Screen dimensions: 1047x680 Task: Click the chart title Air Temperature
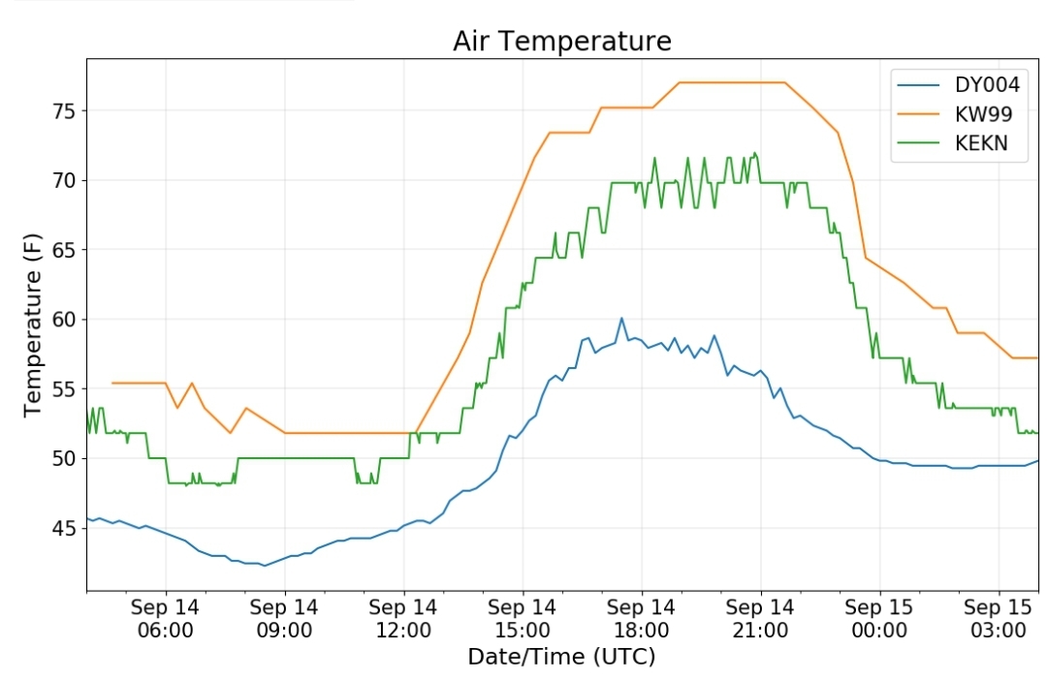point(562,42)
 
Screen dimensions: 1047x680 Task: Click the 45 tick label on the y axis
point(65,529)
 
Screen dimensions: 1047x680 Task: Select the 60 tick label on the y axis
point(65,320)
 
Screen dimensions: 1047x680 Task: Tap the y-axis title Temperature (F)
point(32,325)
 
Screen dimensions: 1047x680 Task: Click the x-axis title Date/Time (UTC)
point(561,657)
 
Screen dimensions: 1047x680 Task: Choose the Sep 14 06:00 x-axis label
point(165,619)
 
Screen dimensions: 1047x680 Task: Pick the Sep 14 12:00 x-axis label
point(402,619)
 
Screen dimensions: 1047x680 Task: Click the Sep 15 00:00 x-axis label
point(878,619)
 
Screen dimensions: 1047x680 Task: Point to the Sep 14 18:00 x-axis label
point(641,619)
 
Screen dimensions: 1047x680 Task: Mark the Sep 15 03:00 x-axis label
point(999,619)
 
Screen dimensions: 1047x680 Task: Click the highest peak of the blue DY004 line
point(621,319)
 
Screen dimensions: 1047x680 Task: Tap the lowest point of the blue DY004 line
point(265,566)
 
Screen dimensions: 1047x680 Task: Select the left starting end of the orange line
point(112,383)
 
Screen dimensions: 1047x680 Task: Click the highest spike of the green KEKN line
point(755,153)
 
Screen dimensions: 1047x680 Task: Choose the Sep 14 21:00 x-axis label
point(760,619)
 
